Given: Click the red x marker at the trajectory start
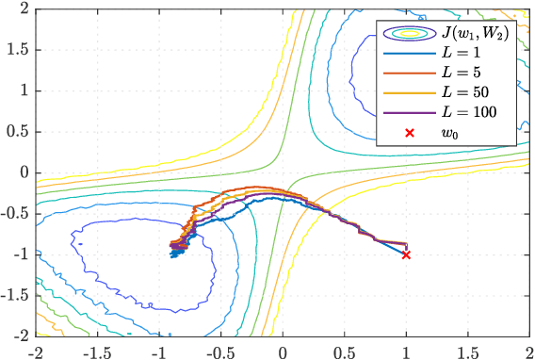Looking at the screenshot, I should pyautogui.click(x=406, y=254).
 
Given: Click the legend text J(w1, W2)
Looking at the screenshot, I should pyautogui.click(x=476, y=34).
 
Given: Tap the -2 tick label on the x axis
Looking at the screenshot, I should pyautogui.click(x=36, y=350).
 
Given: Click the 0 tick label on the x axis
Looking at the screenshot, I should pyautogui.click(x=283, y=350).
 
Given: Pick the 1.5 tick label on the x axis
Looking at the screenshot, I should pyautogui.click(x=468, y=350).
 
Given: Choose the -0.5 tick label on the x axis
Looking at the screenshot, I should pyautogui.click(x=219, y=350).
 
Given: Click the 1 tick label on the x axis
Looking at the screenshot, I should pyautogui.click(x=406, y=350).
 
